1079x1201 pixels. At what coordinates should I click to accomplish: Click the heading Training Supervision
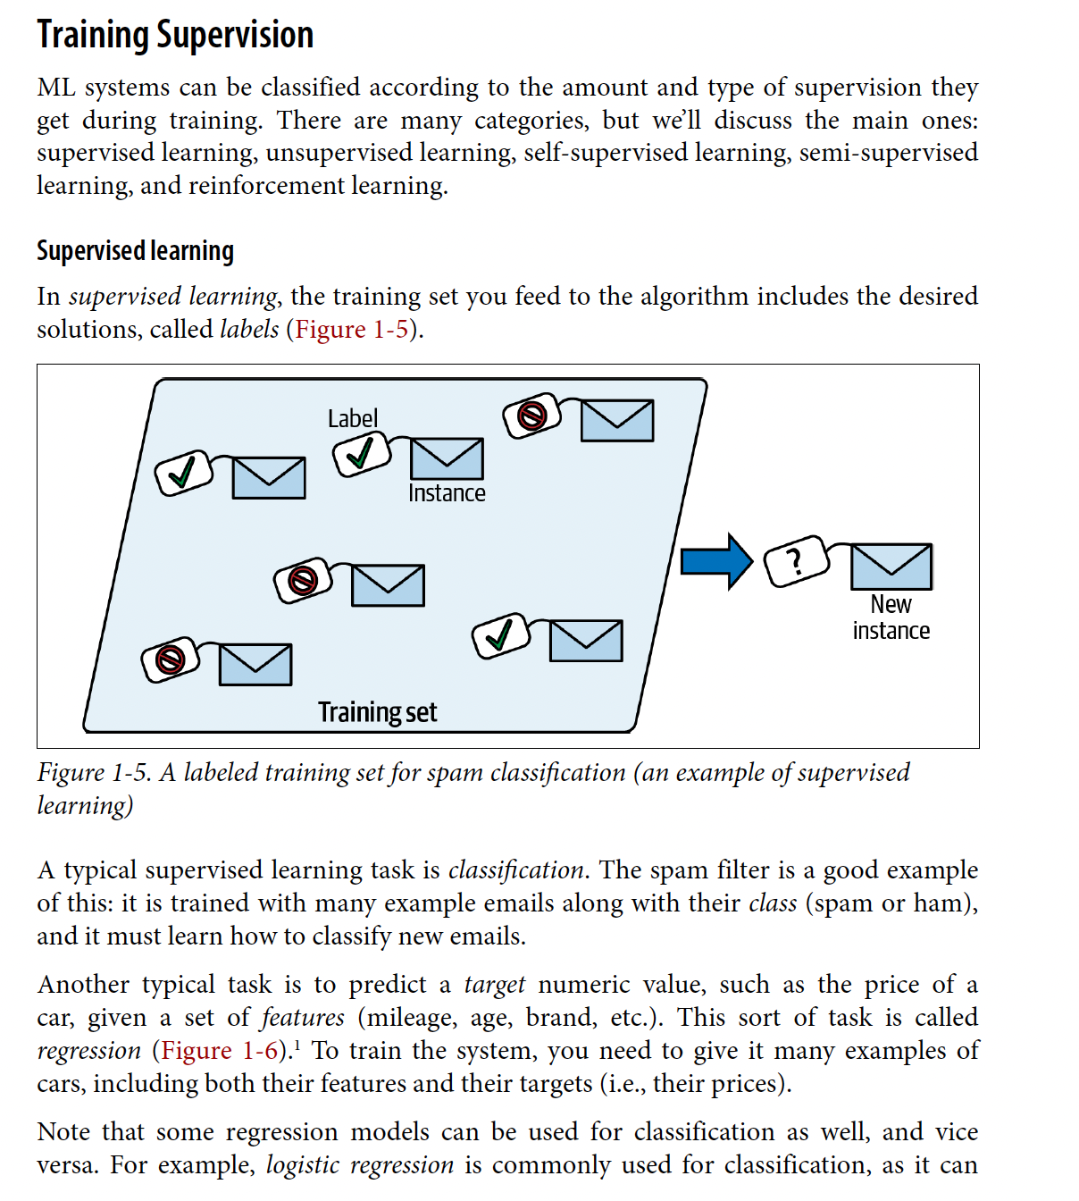click(175, 36)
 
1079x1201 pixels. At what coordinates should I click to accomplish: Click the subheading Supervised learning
click(135, 251)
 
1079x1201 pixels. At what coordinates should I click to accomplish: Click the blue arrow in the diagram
click(716, 561)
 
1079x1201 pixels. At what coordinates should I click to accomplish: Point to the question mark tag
click(797, 561)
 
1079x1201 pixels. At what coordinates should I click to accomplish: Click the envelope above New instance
click(891, 567)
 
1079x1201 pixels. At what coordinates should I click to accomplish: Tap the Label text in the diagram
click(353, 418)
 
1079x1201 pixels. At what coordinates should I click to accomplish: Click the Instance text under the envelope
click(447, 493)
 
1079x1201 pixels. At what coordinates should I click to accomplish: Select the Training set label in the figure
click(377, 712)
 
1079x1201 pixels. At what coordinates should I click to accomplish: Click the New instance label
click(891, 617)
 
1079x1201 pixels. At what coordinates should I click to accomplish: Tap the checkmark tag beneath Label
click(361, 454)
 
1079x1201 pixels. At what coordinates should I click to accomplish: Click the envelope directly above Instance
click(447, 458)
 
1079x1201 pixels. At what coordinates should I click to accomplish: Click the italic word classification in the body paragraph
click(515, 870)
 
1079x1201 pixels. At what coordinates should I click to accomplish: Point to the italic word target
click(495, 985)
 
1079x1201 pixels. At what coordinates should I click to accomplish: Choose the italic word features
click(303, 1018)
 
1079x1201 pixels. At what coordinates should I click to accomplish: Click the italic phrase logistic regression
click(360, 1165)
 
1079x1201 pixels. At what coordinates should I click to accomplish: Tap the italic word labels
click(249, 330)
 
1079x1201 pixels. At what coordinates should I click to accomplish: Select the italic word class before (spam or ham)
click(773, 903)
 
